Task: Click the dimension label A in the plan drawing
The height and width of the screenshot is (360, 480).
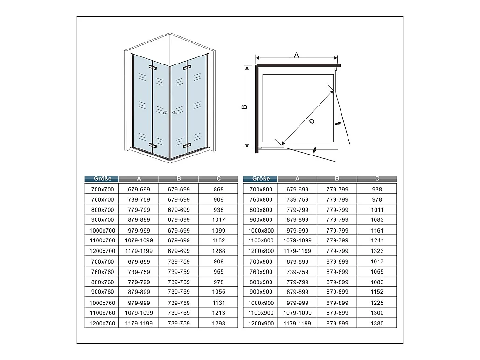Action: point(296,55)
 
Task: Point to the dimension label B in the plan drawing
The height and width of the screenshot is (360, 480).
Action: point(244,106)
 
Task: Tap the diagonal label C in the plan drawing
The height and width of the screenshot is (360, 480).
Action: point(312,121)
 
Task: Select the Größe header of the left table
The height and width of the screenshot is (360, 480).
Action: point(102,179)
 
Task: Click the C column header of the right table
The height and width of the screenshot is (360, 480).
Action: point(377,179)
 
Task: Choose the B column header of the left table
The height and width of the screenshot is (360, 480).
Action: point(179,179)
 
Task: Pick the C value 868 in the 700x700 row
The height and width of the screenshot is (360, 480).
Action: point(219,190)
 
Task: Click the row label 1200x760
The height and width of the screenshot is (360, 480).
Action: point(102,323)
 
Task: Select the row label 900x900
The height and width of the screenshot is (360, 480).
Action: point(261,292)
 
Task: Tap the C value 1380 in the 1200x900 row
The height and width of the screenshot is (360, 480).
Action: point(377,323)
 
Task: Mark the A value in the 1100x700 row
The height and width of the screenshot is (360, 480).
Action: point(139,240)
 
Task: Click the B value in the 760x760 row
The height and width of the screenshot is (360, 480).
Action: point(179,272)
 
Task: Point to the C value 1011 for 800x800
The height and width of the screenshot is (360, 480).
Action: point(377,210)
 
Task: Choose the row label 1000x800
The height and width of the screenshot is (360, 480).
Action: point(261,230)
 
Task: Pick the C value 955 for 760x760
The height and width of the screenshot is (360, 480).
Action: point(219,272)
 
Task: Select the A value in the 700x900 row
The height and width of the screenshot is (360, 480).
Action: point(297,261)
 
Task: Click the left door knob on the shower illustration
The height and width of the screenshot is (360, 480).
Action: point(165,113)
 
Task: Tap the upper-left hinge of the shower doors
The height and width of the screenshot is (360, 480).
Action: point(153,67)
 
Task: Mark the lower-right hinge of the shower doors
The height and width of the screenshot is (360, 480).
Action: point(187,145)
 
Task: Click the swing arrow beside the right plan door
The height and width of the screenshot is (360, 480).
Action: point(338,123)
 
